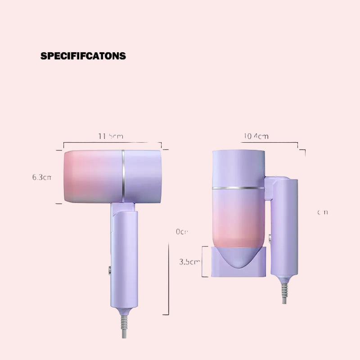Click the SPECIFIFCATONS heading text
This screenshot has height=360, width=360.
[x=83, y=56]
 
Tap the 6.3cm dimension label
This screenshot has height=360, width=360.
[x=42, y=177]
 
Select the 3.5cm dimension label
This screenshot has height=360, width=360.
[x=189, y=261]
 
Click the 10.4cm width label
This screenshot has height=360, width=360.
[x=256, y=136]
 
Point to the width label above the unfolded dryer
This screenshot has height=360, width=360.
[x=110, y=136]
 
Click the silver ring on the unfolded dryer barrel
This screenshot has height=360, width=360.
[x=123, y=175]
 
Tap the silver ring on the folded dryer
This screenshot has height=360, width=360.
[x=238, y=187]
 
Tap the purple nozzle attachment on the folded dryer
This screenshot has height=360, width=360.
[x=239, y=261]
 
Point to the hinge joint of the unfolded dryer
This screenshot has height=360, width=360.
[x=123, y=207]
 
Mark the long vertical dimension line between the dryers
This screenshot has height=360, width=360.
[x=168, y=279]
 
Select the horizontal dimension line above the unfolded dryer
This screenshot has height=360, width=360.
[x=112, y=143]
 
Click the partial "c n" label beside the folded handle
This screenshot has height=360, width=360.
[x=322, y=212]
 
